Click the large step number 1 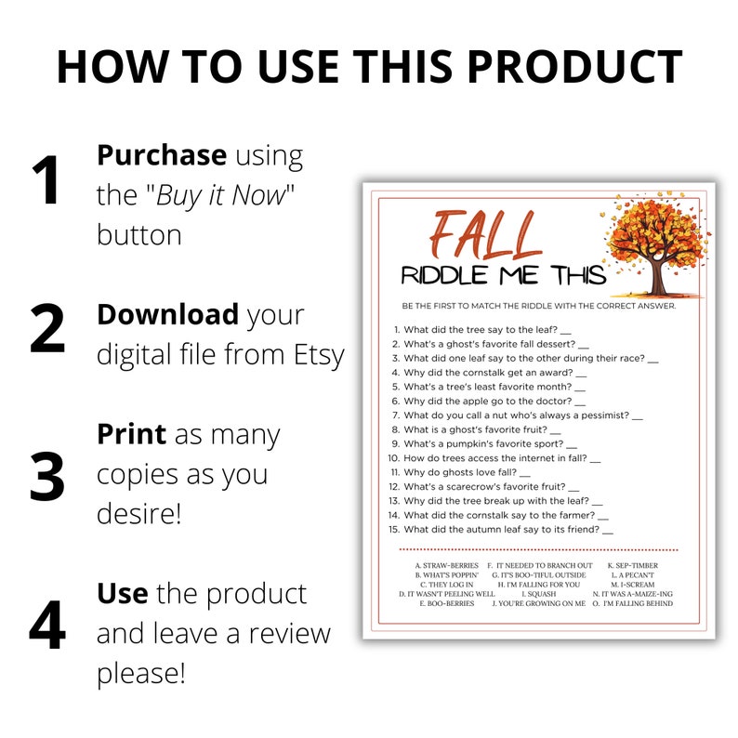[x=46, y=180]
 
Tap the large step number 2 [x=47, y=329]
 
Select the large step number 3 [x=47, y=476]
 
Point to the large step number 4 [x=47, y=628]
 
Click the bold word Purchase [x=161, y=156]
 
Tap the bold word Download [x=167, y=314]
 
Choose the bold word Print [x=131, y=434]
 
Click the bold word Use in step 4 [x=123, y=592]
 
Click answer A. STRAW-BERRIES [x=446, y=565]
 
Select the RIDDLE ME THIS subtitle [x=504, y=275]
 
